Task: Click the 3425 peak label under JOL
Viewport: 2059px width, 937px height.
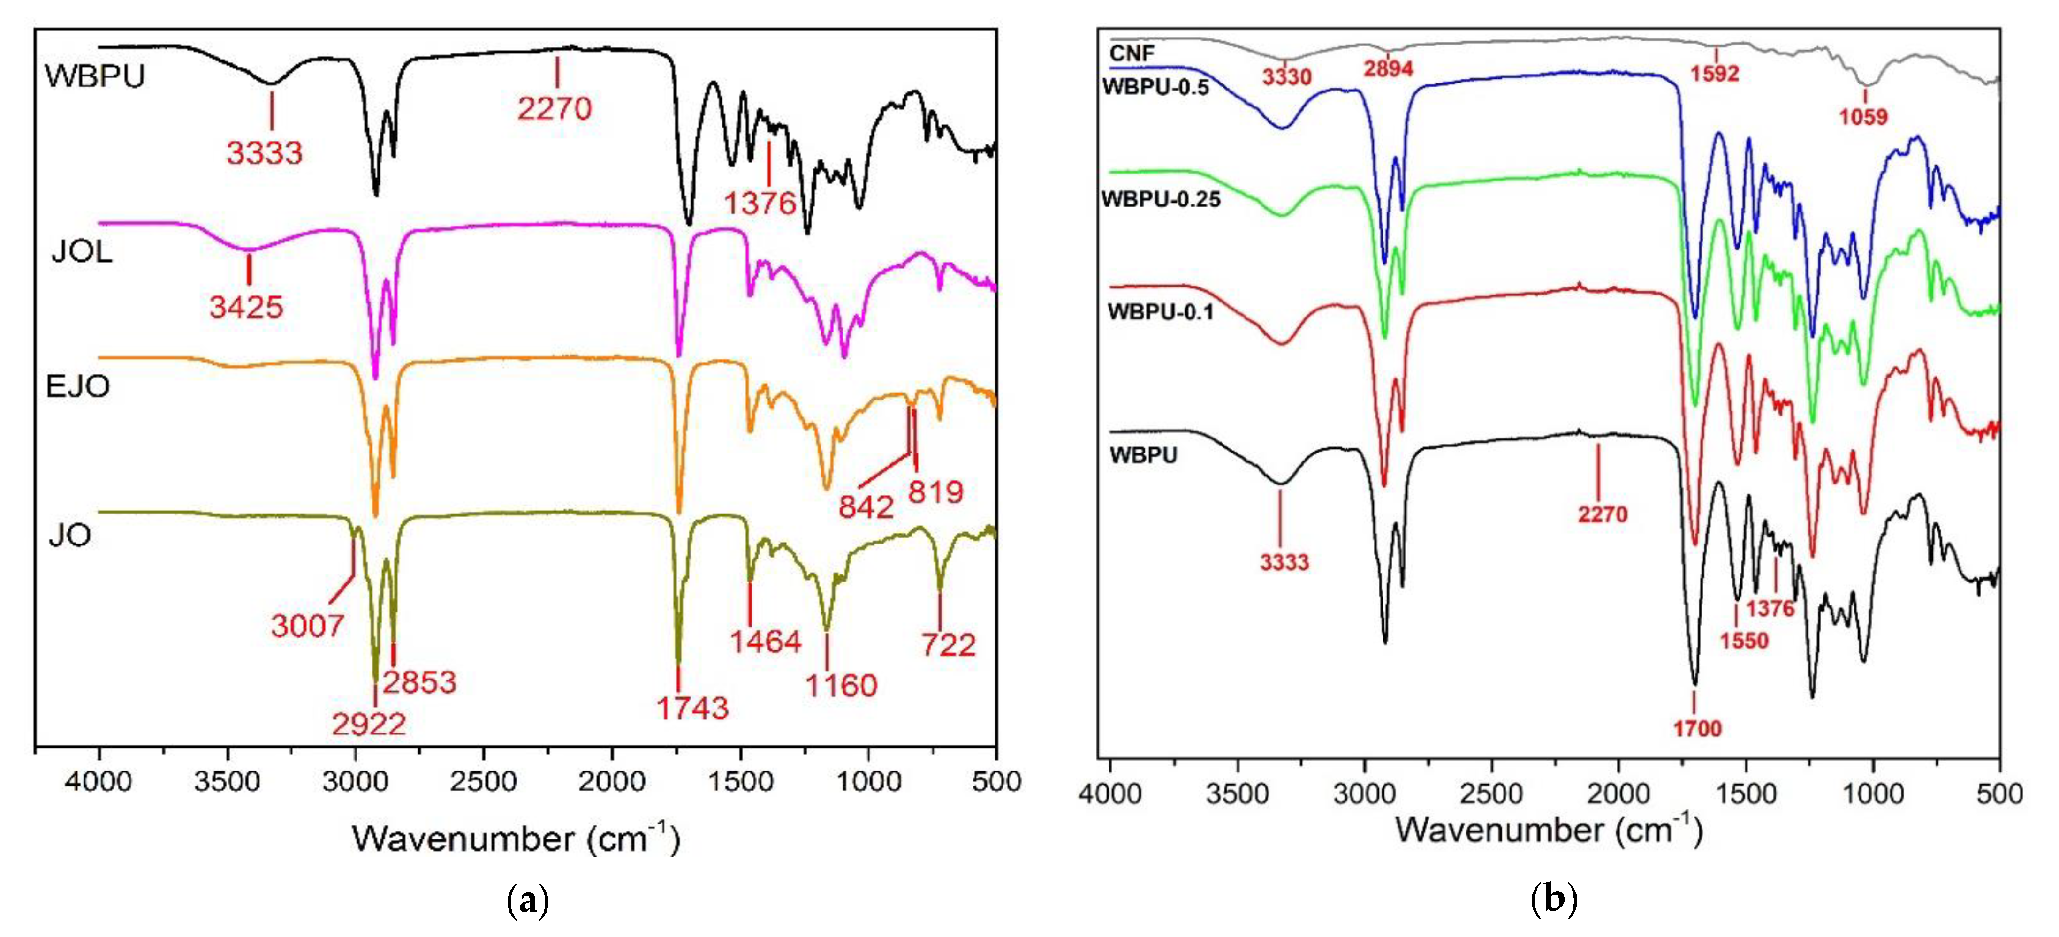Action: pyautogui.click(x=246, y=307)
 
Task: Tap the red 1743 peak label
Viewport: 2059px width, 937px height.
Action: pyautogui.click(x=692, y=708)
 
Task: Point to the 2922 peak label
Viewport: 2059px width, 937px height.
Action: pyautogui.click(x=369, y=724)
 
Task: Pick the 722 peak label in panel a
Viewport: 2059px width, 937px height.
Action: pyautogui.click(x=948, y=645)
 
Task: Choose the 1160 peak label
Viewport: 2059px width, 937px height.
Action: pyautogui.click(x=841, y=685)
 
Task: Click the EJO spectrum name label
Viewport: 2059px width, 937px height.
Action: pyautogui.click(x=77, y=386)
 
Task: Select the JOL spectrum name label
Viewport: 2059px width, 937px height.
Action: pyautogui.click(x=82, y=252)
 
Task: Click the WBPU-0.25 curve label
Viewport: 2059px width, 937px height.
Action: pyautogui.click(x=1161, y=199)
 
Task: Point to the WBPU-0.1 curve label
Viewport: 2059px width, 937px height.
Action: pyautogui.click(x=1160, y=311)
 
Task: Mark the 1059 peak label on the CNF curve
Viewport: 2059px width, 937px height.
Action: pyautogui.click(x=1863, y=117)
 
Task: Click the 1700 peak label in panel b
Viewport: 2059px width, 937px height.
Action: pyautogui.click(x=1697, y=728)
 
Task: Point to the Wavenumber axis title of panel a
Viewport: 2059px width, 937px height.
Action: pyautogui.click(x=516, y=839)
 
